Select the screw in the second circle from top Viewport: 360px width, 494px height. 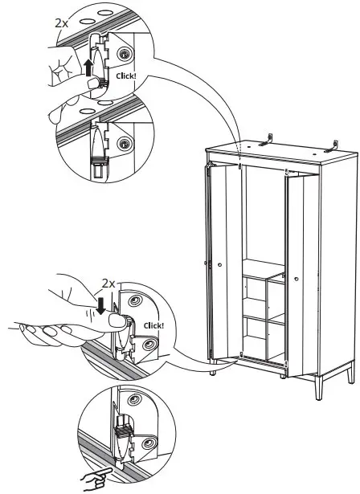click(x=124, y=143)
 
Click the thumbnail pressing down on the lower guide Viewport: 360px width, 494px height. click(x=116, y=321)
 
